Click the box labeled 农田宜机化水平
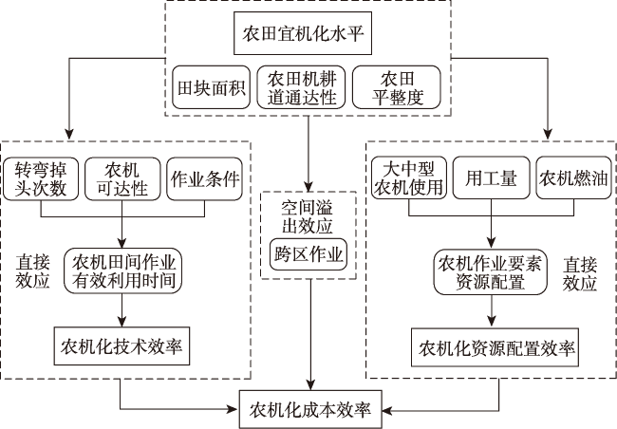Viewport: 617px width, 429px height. (x=303, y=33)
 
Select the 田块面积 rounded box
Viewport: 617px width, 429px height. (x=212, y=87)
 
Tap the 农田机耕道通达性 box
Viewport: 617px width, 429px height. (x=302, y=87)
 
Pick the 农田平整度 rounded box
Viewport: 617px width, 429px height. (x=396, y=87)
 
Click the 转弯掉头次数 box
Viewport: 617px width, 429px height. (x=41, y=179)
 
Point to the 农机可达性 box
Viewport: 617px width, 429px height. (x=122, y=179)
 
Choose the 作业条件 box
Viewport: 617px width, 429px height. (x=204, y=179)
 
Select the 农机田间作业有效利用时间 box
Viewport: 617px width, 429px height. (x=122, y=270)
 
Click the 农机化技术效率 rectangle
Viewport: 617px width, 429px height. (x=122, y=346)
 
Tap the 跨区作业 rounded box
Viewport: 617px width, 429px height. (x=308, y=254)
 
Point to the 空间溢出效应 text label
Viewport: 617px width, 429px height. (x=308, y=216)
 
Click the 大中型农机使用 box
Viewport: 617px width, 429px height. (x=409, y=177)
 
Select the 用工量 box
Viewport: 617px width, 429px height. (x=491, y=177)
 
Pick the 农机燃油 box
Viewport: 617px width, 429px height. (x=573, y=177)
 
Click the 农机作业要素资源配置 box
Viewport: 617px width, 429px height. (x=491, y=272)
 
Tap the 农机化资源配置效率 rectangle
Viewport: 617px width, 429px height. (x=495, y=347)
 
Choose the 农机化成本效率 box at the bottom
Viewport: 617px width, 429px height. (x=310, y=410)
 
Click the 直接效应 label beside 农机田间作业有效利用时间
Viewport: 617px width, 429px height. (x=32, y=271)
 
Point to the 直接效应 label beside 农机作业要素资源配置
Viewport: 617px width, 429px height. (x=580, y=273)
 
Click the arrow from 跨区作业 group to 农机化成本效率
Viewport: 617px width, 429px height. (x=311, y=335)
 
